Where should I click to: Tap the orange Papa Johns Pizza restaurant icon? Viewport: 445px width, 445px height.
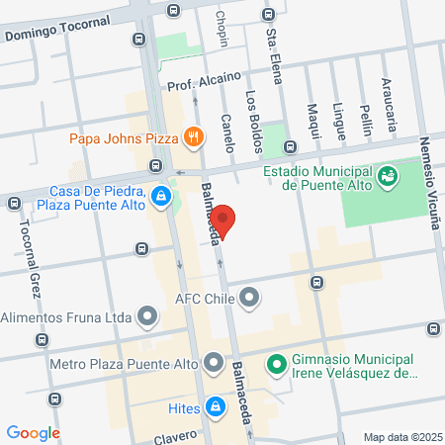(194, 138)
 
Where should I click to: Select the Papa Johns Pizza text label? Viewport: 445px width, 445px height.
(124, 138)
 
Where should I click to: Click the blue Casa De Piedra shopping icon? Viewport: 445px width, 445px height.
(160, 197)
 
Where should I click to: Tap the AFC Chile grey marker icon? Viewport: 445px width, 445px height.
(249, 296)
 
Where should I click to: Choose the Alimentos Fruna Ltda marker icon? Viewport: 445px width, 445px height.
(148, 317)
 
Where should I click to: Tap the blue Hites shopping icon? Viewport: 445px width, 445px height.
(215, 405)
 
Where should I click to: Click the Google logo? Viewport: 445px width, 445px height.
(34, 432)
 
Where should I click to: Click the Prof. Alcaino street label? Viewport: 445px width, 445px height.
(205, 85)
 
